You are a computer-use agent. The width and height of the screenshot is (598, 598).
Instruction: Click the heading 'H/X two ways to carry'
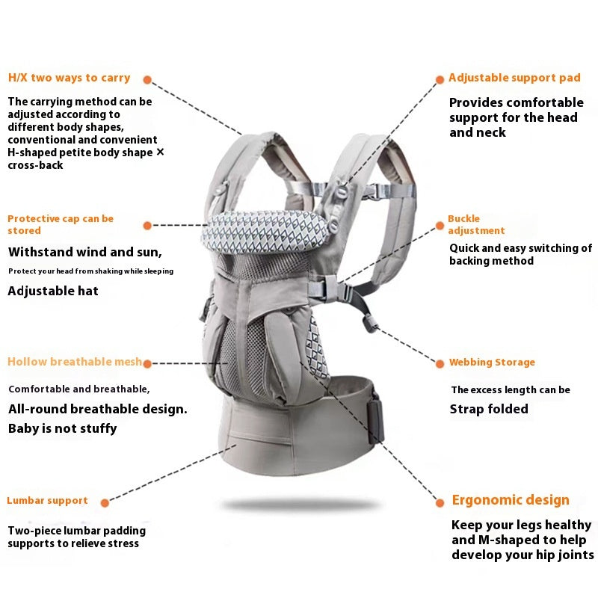[69, 78]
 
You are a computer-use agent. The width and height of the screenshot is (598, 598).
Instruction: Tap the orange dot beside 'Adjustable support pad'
[440, 78]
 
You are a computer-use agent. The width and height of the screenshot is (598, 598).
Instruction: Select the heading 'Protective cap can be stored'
[61, 225]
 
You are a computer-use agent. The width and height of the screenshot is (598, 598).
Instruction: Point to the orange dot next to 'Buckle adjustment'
[440, 224]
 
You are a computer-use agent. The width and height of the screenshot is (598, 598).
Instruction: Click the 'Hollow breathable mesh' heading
[74, 362]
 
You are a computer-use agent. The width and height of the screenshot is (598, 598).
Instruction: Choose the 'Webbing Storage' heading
[492, 363]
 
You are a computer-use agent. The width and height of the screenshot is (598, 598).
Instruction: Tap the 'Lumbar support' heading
[48, 501]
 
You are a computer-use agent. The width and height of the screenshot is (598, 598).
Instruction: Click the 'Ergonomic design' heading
[511, 500]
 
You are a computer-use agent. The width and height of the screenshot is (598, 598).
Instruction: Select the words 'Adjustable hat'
[53, 291]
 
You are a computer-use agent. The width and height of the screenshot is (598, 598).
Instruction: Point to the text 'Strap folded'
[489, 409]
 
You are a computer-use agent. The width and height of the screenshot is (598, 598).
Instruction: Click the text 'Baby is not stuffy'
[63, 428]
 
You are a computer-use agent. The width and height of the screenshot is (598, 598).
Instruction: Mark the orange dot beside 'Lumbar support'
[105, 503]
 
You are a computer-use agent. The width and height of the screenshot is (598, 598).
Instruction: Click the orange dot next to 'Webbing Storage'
[440, 363]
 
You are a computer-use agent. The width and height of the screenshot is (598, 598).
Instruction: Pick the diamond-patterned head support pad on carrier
[265, 232]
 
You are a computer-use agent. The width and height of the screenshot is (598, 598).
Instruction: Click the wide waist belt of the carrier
[299, 426]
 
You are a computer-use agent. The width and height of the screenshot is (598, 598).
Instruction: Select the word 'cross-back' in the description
[36, 165]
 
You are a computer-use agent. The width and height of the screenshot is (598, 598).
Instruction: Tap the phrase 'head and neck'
[478, 132]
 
